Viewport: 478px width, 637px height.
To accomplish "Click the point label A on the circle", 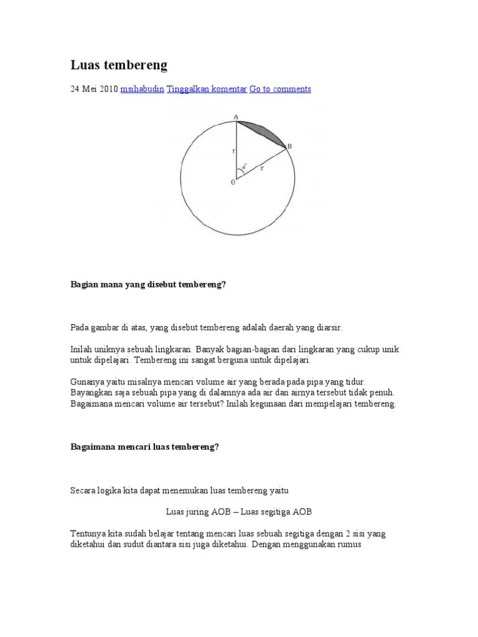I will [x=236, y=116].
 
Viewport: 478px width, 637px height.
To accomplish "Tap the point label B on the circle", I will [x=289, y=146].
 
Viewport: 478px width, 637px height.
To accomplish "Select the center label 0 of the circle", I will [x=233, y=182].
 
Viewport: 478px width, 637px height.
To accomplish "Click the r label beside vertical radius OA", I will [x=232, y=150].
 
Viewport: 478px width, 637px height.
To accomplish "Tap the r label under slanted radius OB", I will [x=262, y=167].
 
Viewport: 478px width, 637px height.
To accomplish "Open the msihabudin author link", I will [x=143, y=89].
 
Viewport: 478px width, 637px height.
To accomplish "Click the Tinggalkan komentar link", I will [x=207, y=89].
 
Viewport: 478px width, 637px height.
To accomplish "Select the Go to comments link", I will [x=280, y=89].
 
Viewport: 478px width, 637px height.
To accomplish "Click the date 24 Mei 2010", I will [x=93, y=89].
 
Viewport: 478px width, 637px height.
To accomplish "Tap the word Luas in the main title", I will [x=84, y=65].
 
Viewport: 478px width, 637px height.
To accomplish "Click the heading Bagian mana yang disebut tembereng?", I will [x=148, y=284].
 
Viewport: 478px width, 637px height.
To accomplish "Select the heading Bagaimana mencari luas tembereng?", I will [x=144, y=447].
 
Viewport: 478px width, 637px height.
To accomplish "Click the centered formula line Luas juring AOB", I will [x=239, y=511].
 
